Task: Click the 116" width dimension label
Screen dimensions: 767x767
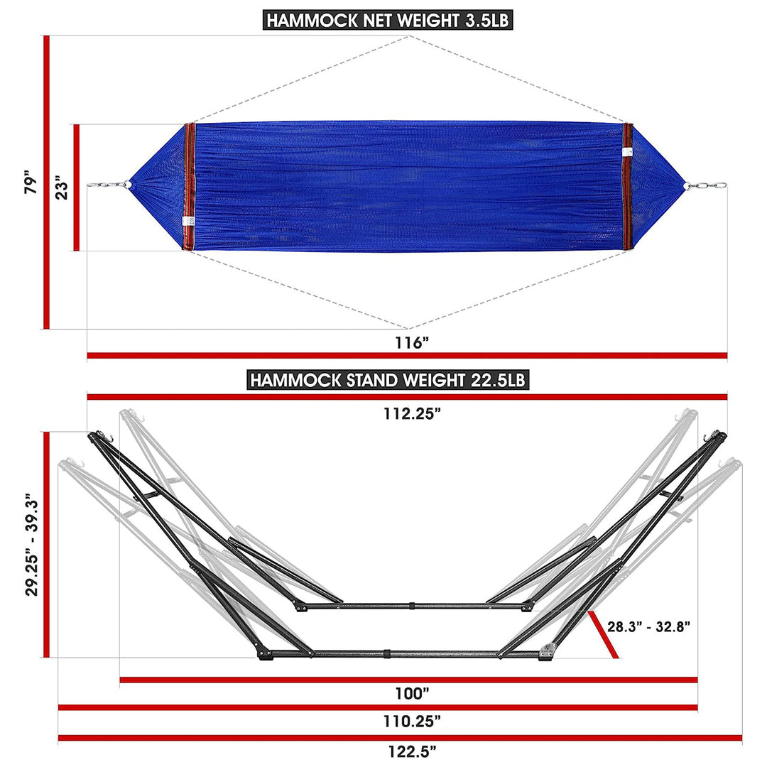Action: pos(412,343)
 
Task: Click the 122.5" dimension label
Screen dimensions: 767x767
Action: pos(412,750)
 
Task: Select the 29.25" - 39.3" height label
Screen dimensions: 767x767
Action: pos(31,545)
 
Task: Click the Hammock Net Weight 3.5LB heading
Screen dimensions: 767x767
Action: pos(388,20)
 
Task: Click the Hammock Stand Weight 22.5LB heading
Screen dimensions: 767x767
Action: pos(388,379)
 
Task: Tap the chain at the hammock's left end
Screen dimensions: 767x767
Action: pos(107,186)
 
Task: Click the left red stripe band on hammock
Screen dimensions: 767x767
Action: pos(189,187)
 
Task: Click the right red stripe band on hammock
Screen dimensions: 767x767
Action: pos(628,187)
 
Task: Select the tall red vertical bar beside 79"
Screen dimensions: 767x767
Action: pos(46,183)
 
